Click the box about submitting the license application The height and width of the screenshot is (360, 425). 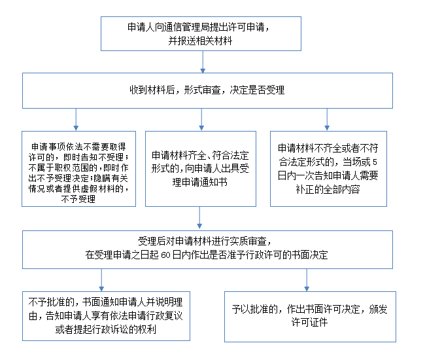coord(201,33)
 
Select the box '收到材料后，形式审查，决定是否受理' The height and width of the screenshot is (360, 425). coord(207,90)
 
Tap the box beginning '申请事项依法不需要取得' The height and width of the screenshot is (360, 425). coord(78,169)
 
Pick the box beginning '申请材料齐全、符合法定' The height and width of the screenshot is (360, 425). coord(201,169)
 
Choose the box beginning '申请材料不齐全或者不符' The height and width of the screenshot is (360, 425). coord(328,169)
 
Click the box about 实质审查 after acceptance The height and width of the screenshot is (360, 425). coord(207,249)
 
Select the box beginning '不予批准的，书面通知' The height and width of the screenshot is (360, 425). coord(106,316)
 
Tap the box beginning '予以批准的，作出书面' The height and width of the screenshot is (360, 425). coord(310,317)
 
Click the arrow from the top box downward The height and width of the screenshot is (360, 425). coord(203,62)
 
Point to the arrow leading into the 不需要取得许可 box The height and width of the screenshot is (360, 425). coord(76,120)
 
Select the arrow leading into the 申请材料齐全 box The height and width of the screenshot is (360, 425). coord(201,120)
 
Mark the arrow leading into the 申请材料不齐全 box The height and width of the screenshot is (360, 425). coord(327,120)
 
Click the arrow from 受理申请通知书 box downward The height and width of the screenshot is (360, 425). coord(199,217)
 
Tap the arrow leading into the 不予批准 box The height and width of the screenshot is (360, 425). coord(101,280)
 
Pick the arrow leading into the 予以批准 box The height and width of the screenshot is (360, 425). coord(307,280)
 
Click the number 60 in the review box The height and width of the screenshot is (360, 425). coord(165,255)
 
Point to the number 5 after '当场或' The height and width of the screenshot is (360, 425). coord(375,162)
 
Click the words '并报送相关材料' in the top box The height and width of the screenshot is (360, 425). coord(200,41)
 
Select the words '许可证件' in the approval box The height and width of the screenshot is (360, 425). coord(309,323)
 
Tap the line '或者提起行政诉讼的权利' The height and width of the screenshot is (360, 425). coord(106,330)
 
